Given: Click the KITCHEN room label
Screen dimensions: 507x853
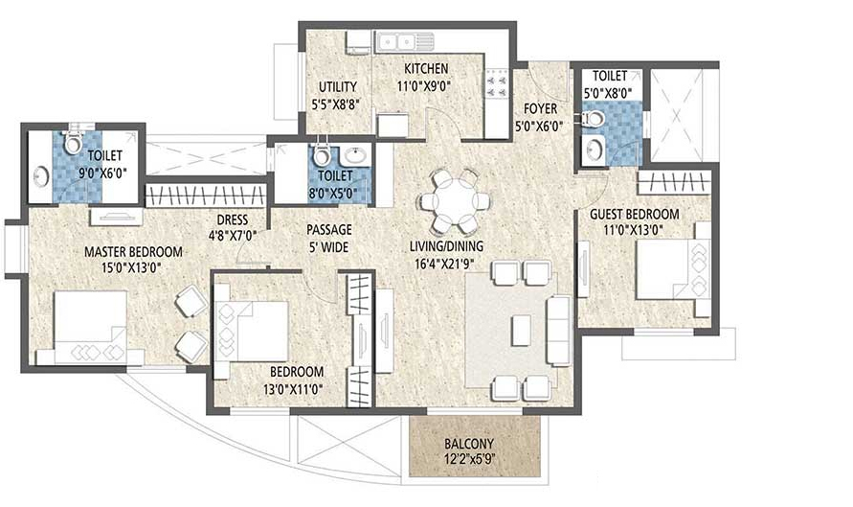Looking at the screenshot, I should pos(426,69).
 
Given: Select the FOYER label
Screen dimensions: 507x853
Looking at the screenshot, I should pos(541,108).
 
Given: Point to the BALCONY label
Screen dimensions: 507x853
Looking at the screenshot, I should pos(468,445).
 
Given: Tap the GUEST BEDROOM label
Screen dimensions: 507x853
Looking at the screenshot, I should pos(635,214).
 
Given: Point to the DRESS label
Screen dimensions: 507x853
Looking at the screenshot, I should pos(228,219).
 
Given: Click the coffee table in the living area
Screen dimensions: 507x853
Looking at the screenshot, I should pos(521,330).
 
